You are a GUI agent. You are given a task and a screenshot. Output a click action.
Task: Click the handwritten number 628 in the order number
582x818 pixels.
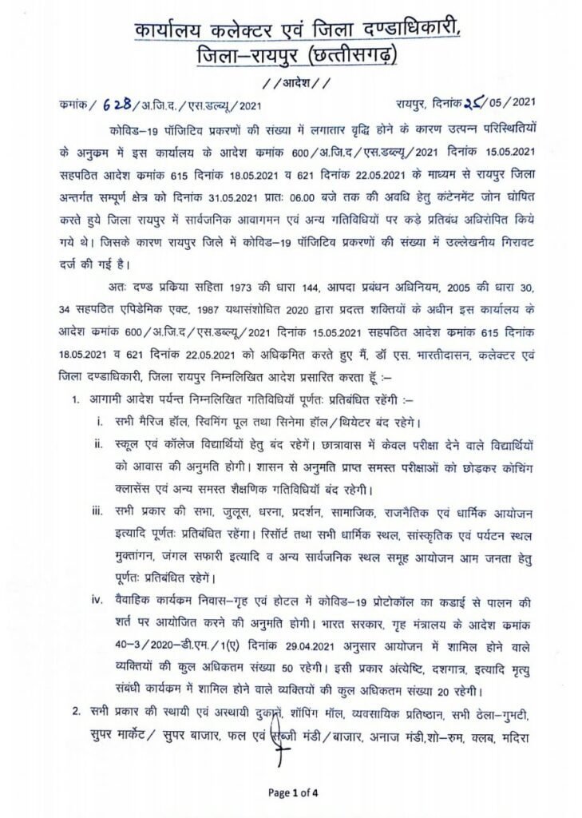(117, 102)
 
